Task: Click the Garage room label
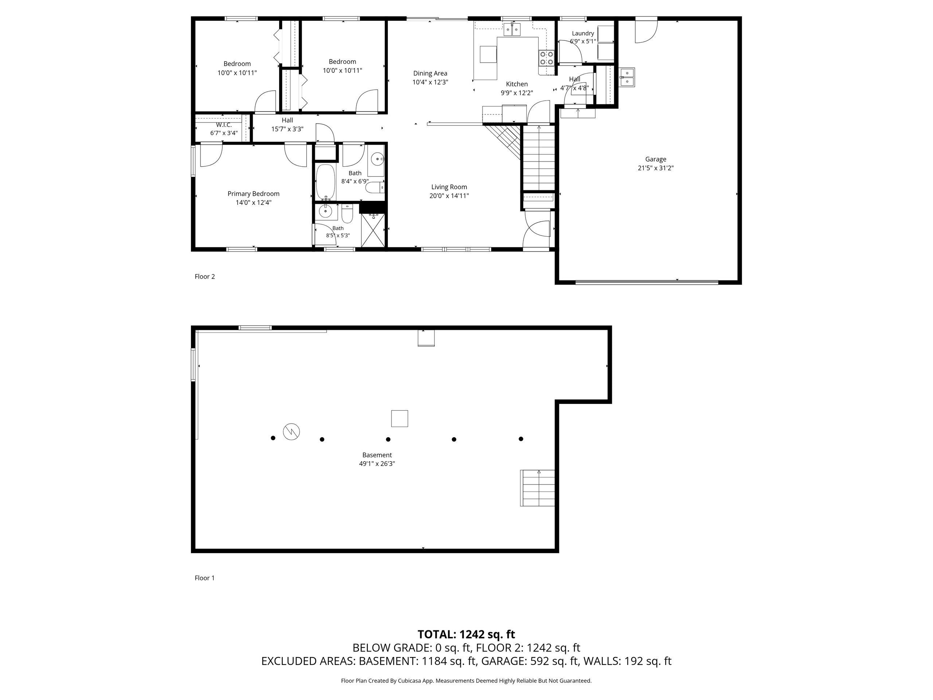[x=655, y=159]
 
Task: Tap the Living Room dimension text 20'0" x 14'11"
[x=449, y=196]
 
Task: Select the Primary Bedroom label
[x=254, y=194]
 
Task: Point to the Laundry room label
[x=583, y=33]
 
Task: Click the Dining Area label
[x=430, y=73]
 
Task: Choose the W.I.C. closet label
[x=224, y=125]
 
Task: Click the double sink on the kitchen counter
[x=512, y=30]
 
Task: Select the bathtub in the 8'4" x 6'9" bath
[x=325, y=182]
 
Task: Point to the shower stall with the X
[x=373, y=230]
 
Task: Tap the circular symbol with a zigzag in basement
[x=292, y=431]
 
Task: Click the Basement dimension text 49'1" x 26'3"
[x=377, y=464]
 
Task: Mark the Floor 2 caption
[x=204, y=276]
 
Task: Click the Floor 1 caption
[x=204, y=578]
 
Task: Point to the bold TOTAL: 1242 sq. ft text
[x=466, y=634]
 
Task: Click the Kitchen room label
[x=517, y=84]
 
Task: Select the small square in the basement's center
[x=399, y=419]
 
